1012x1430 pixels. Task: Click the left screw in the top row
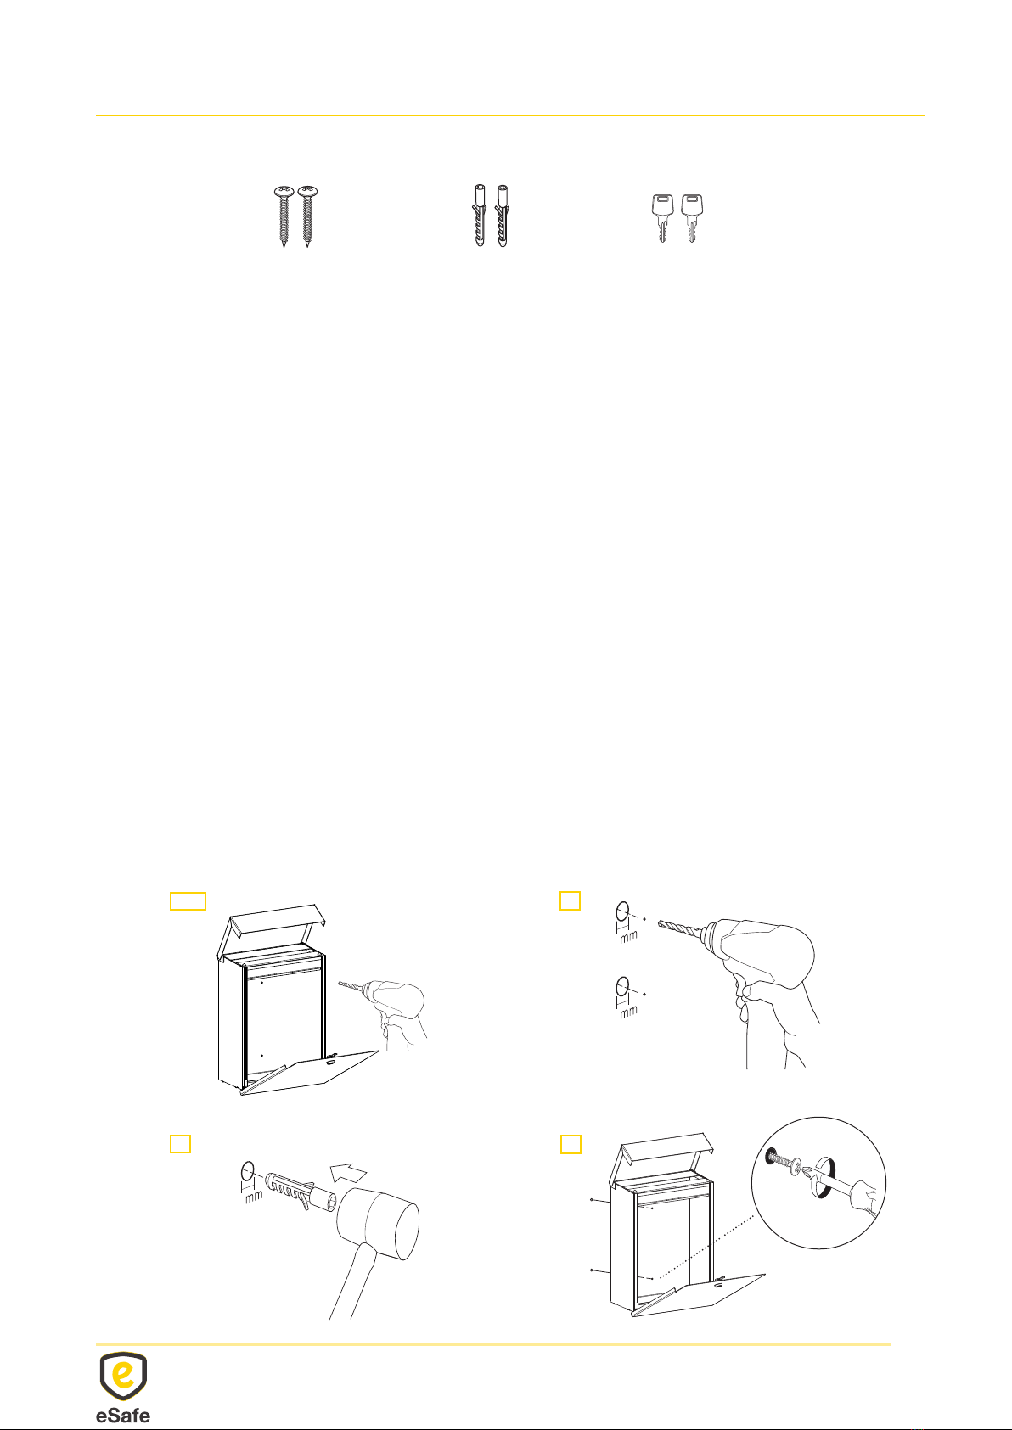pos(284,216)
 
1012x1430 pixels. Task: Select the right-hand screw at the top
pos(307,216)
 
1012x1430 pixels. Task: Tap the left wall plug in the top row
pos(480,216)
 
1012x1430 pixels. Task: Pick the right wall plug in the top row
pos(503,216)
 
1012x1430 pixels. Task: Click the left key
pos(663,218)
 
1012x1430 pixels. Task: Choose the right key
pos(692,218)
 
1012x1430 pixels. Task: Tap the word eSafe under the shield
pos(123,1415)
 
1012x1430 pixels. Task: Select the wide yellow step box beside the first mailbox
pos(188,900)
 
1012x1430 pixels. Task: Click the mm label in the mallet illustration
pos(254,1195)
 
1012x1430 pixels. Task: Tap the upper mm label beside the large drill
pos(628,937)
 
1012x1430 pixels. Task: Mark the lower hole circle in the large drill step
pos(622,986)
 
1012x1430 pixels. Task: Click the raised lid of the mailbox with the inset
pos(664,1149)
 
